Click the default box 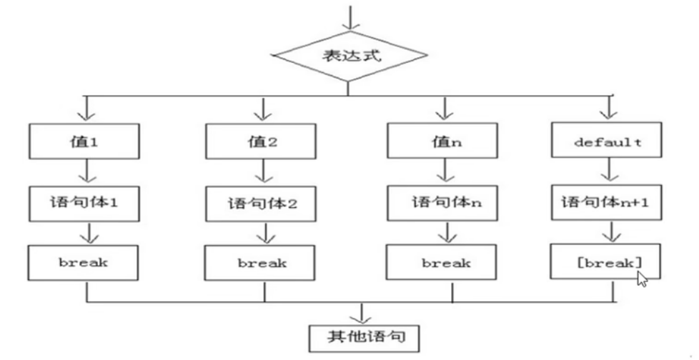[608, 141]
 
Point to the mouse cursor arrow [641, 278]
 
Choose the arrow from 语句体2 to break [264, 233]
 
